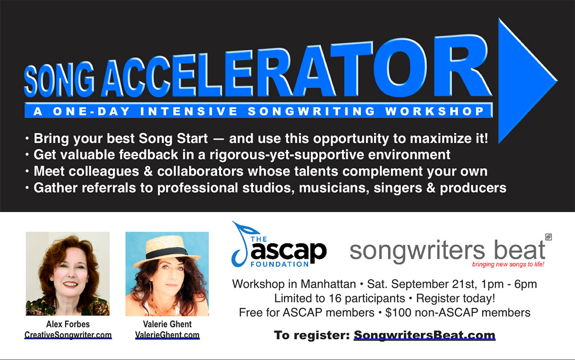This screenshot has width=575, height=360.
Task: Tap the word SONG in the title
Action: pyautogui.click(x=59, y=80)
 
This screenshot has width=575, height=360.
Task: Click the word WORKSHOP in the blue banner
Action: pyautogui.click(x=435, y=111)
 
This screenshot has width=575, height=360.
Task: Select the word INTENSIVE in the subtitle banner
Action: pyautogui.click(x=189, y=111)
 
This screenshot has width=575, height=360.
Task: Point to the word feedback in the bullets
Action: pyautogui.click(x=149, y=154)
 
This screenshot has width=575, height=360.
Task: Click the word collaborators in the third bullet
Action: pyautogui.click(x=200, y=171)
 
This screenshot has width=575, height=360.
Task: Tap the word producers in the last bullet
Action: pyautogui.click(x=473, y=188)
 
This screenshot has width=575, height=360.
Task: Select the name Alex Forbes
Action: pyautogui.click(x=68, y=324)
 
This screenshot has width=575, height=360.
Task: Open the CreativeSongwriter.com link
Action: pyautogui.click(x=68, y=335)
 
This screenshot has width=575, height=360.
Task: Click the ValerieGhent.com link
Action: pyautogui.click(x=167, y=335)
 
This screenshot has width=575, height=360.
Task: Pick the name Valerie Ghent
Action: pyautogui.click(x=167, y=324)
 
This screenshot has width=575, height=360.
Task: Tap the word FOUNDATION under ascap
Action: pyautogui.click(x=279, y=264)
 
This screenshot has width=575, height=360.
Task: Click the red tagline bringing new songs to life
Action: pyautogui.click(x=508, y=264)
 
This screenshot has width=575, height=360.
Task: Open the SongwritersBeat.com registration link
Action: pyautogui.click(x=425, y=335)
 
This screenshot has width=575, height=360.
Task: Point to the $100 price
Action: pyautogui.click(x=398, y=313)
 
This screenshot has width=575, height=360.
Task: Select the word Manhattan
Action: pyautogui.click(x=328, y=284)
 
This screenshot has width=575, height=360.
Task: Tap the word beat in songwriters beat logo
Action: pyautogui.click(x=519, y=250)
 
